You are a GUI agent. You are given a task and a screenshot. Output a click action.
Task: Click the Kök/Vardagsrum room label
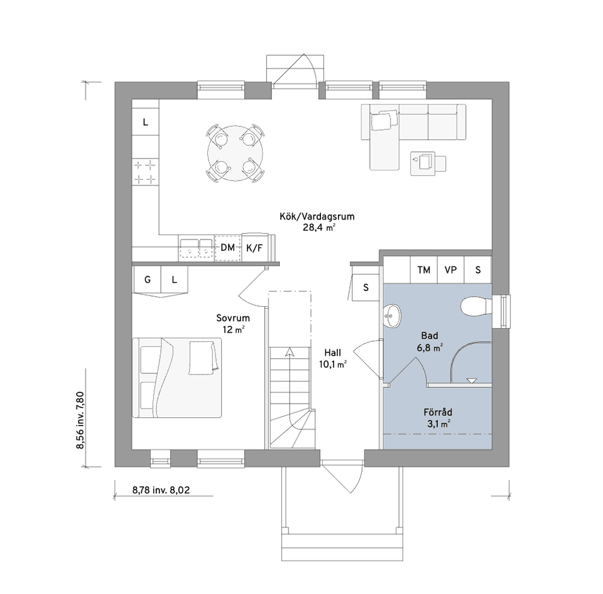(317, 217)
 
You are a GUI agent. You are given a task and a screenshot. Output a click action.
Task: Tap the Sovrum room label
(232, 318)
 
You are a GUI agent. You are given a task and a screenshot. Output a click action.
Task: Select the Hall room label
(333, 353)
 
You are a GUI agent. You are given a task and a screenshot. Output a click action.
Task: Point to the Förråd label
(438, 412)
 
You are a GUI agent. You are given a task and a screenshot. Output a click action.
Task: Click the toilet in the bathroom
(476, 306)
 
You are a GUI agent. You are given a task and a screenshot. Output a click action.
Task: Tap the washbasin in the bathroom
(392, 316)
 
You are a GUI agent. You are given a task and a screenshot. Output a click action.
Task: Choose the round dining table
(236, 153)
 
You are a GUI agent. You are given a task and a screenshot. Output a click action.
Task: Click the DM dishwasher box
(227, 248)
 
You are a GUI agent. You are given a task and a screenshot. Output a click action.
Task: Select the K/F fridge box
(254, 248)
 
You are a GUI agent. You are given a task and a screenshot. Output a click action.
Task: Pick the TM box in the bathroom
(424, 270)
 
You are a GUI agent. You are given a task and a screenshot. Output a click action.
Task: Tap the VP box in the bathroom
(451, 270)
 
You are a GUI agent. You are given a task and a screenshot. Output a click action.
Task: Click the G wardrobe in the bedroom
(147, 280)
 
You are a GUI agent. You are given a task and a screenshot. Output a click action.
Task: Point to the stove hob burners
(145, 172)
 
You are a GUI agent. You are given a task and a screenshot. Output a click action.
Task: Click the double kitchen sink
(196, 248)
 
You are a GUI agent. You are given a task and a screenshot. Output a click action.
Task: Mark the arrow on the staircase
(289, 352)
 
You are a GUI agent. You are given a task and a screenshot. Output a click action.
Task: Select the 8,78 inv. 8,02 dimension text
(161, 490)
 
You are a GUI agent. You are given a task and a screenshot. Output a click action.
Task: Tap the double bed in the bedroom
(177, 378)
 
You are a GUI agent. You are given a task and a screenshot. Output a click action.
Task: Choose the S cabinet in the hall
(366, 287)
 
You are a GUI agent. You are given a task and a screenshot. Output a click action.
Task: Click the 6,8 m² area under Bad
(430, 348)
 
